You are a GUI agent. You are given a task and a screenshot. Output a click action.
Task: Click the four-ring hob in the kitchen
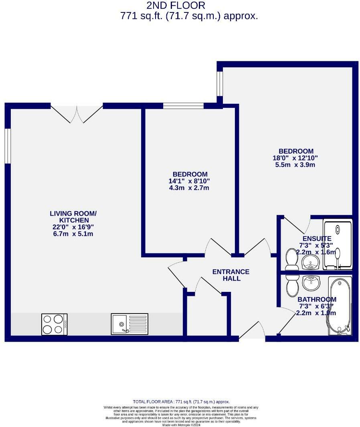54,324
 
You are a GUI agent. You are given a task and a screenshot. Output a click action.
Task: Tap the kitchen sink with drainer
129,324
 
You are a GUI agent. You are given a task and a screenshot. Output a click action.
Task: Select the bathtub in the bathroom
340,306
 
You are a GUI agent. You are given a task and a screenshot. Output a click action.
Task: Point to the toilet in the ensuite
291,260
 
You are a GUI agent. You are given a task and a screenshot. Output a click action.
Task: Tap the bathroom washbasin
311,283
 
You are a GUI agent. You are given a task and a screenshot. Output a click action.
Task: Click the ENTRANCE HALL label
231,275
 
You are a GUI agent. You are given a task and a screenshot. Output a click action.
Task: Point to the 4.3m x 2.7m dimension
189,188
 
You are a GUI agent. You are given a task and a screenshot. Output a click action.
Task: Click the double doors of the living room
77,113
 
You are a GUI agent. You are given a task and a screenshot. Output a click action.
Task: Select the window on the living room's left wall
7,146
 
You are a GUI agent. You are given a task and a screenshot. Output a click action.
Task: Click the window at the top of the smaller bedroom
183,106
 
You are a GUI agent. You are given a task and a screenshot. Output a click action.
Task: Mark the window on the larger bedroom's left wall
219,84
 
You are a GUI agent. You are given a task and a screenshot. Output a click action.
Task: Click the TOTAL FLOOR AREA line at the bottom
181,402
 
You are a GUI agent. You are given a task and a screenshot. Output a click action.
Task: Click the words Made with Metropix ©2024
181,425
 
